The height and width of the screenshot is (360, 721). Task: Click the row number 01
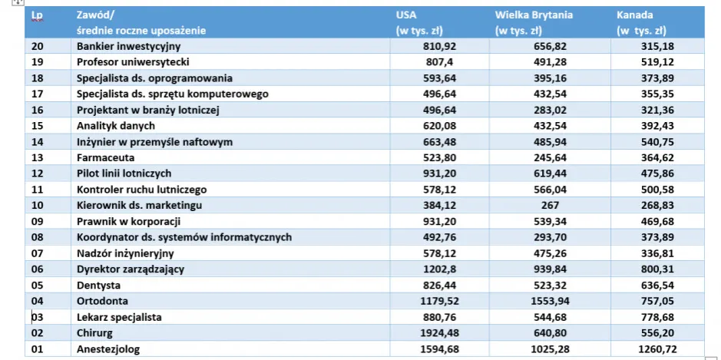pyautogui.click(x=38, y=349)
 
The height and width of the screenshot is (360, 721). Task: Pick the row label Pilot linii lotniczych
pyautogui.click(x=124, y=173)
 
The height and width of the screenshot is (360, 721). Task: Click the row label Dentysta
pyautogui.click(x=99, y=285)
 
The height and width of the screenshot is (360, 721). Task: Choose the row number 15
pyautogui.click(x=38, y=126)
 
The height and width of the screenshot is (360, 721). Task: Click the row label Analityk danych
pyautogui.click(x=116, y=126)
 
